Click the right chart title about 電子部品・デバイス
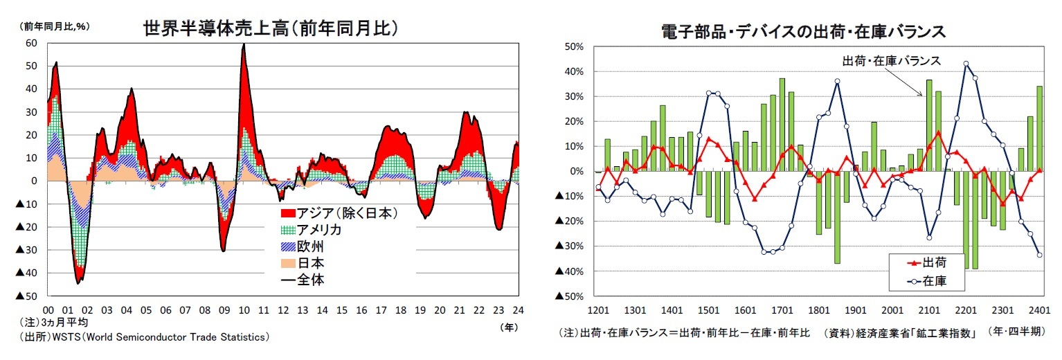[803, 32]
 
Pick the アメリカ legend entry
[319, 230]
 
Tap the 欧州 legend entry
[311, 246]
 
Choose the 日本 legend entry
[311, 263]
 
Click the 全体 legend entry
[311, 280]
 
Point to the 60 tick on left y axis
[31, 43]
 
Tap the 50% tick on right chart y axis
[574, 47]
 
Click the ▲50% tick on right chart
[570, 296]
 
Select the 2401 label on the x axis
[1039, 310]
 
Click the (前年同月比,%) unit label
[56, 26]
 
